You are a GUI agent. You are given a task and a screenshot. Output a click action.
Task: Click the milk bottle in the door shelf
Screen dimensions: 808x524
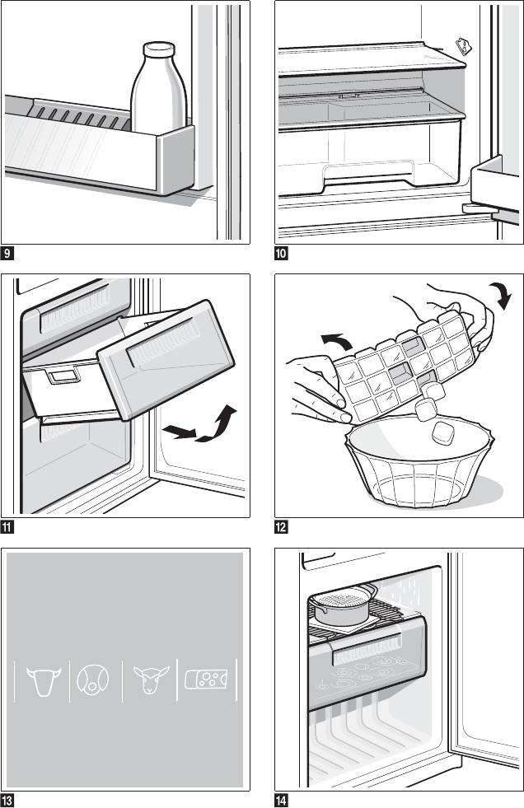tap(159, 95)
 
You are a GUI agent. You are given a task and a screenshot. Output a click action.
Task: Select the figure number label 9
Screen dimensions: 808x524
tap(7, 253)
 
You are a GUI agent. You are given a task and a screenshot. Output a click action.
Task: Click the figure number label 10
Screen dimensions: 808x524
tap(281, 253)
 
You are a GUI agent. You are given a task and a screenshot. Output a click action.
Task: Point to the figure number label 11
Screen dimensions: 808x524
tap(7, 526)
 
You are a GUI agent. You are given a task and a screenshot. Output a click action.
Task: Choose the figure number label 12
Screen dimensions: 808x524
tap(281, 526)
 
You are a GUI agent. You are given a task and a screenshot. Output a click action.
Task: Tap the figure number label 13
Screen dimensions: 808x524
tap(7, 799)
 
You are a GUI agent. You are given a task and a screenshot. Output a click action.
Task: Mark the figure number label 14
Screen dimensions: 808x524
tap(281, 799)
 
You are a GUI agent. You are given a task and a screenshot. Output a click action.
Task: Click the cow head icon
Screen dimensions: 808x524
tap(42, 680)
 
